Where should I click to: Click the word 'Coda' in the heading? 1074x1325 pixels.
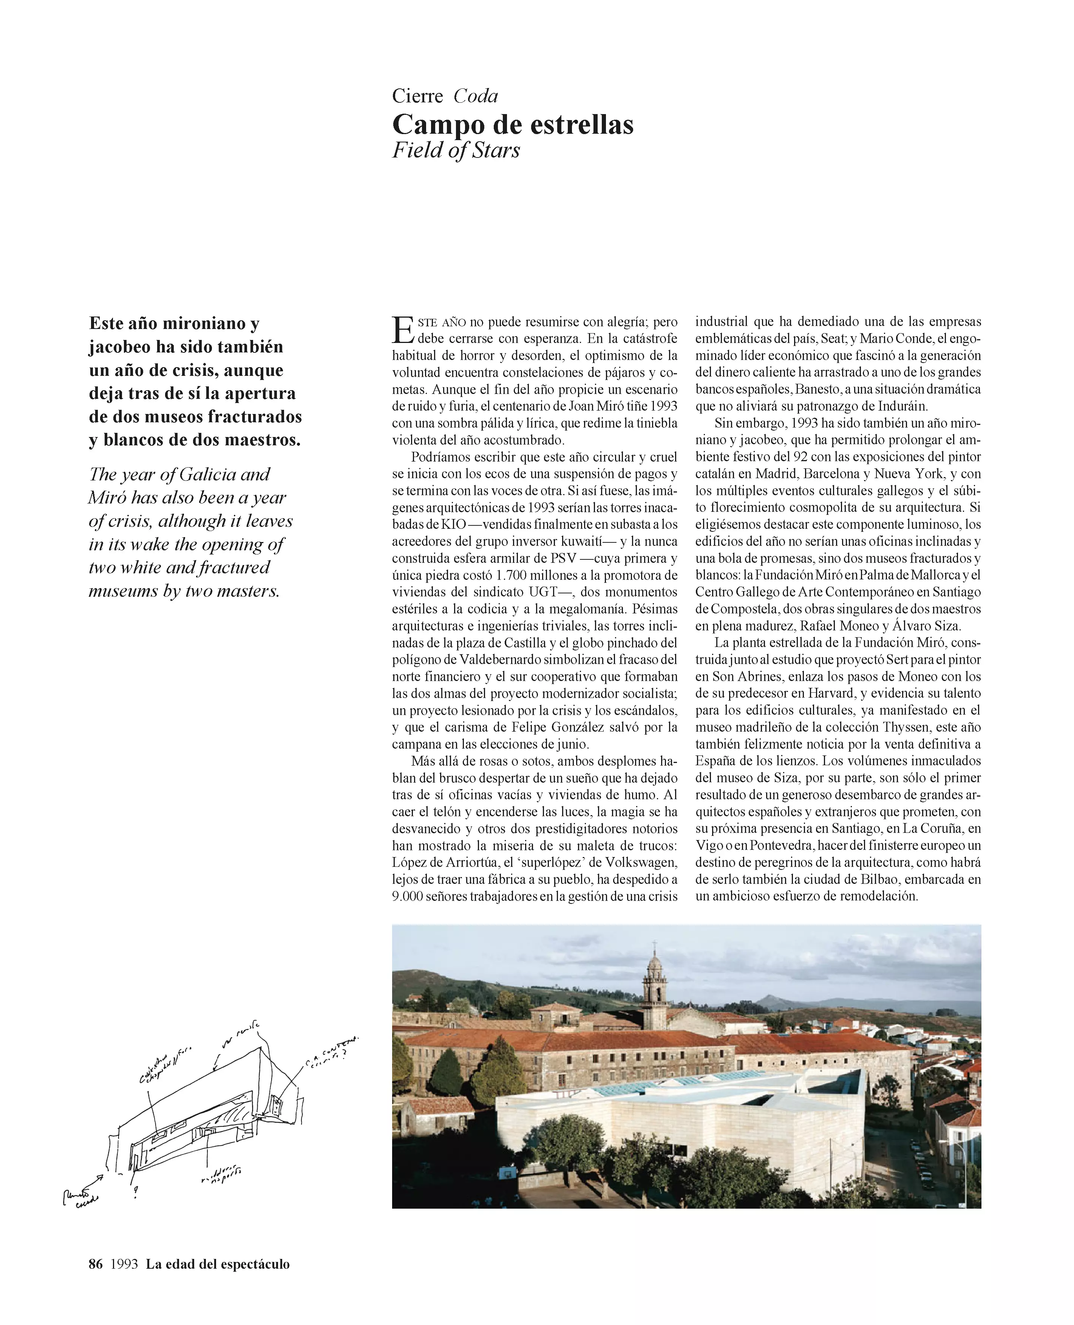point(475,96)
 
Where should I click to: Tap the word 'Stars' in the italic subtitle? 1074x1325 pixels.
point(496,150)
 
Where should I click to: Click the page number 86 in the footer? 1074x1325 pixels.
point(96,1264)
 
